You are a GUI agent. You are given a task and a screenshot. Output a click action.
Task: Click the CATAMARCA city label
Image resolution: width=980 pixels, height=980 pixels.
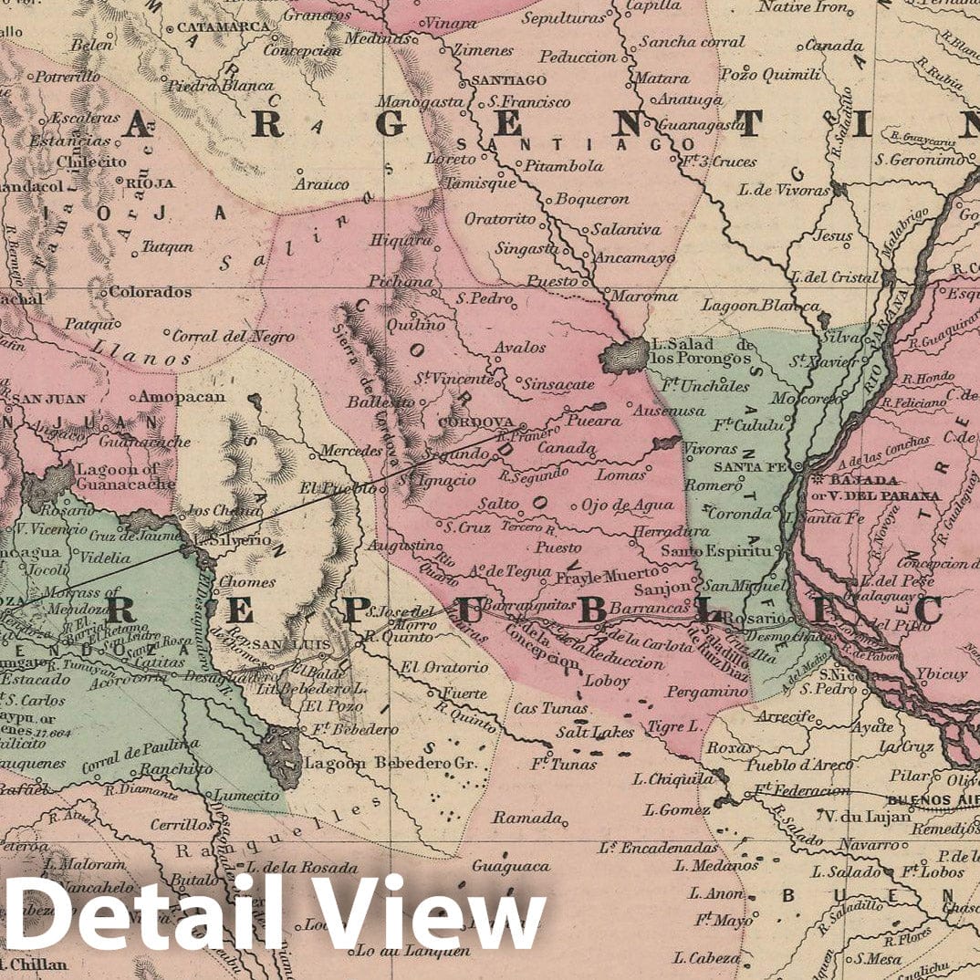tap(223, 26)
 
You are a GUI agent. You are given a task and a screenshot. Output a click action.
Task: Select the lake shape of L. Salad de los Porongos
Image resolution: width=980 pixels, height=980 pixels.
tap(624, 355)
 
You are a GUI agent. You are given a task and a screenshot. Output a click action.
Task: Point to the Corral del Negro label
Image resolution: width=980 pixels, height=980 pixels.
tap(233, 336)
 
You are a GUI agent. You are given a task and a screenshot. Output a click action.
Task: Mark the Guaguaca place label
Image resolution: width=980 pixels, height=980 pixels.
tap(512, 865)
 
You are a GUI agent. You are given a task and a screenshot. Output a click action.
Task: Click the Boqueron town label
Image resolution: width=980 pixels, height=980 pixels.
tap(592, 198)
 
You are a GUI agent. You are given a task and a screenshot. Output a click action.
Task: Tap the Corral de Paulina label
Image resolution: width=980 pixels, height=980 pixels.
tap(140, 755)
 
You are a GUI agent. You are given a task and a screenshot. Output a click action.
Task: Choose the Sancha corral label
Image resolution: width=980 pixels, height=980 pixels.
tap(691, 41)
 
